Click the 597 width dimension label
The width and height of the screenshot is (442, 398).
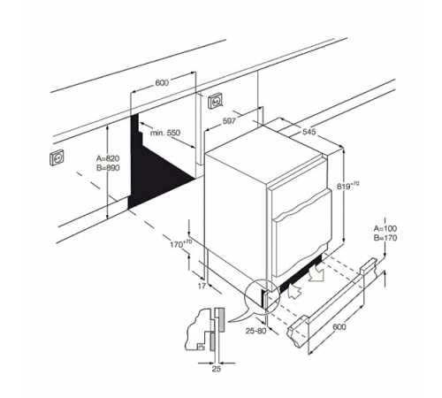coord(229,121)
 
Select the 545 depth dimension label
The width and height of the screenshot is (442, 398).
coord(309,132)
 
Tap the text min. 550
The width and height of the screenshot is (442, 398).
coord(165,133)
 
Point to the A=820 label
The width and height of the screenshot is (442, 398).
coord(108,158)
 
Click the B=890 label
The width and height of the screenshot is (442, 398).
coord(108,168)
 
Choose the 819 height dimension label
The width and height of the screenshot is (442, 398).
coord(348,186)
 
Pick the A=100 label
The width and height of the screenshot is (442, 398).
coord(385,228)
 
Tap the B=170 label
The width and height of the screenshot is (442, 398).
coord(385,238)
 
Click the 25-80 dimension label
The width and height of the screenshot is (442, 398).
coord(255,331)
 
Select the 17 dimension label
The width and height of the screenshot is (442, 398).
coord(202,286)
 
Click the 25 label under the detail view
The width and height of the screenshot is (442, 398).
coord(217,369)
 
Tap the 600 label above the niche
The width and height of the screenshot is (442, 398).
coord(162,83)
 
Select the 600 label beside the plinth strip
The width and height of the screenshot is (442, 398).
coord(339,326)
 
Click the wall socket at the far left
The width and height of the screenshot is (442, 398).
coord(57,158)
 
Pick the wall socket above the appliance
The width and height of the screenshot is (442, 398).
coord(216,102)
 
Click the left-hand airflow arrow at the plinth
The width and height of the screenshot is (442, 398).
coord(294,291)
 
